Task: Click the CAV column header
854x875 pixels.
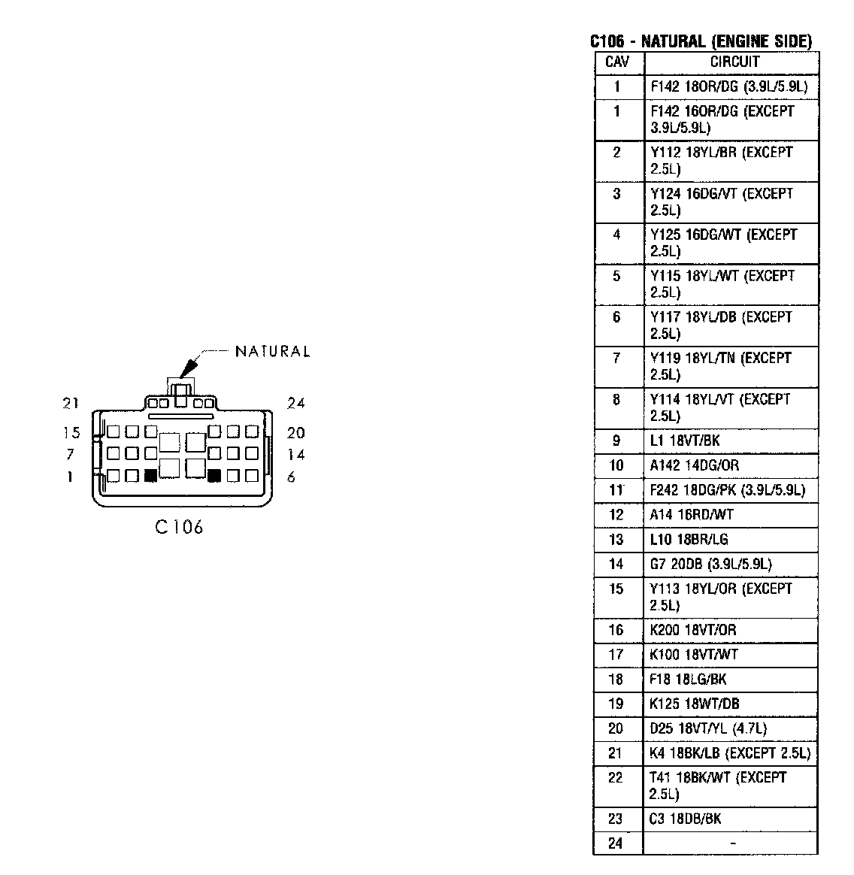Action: [617, 62]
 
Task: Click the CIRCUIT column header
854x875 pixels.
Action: [734, 62]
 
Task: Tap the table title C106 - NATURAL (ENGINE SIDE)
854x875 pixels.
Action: [701, 42]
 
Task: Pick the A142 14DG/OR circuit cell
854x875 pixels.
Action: [694, 465]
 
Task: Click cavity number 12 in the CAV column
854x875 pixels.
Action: [616, 515]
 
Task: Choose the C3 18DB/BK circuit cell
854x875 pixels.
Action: [685, 819]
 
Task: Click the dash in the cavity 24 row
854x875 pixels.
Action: [733, 843]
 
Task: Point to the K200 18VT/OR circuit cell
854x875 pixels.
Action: [693, 630]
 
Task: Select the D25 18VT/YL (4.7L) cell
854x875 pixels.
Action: [708, 728]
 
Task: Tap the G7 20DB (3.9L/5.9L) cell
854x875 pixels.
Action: [710, 564]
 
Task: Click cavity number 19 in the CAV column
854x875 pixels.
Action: [616, 704]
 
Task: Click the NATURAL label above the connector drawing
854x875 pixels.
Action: [272, 352]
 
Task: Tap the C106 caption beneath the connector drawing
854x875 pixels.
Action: [179, 527]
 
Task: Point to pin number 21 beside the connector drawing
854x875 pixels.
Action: [71, 404]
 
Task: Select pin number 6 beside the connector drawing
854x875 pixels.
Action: [292, 477]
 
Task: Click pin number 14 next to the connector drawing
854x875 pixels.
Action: [295, 454]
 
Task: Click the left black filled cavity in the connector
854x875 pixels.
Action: [150, 476]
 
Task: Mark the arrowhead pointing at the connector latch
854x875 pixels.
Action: [186, 368]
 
